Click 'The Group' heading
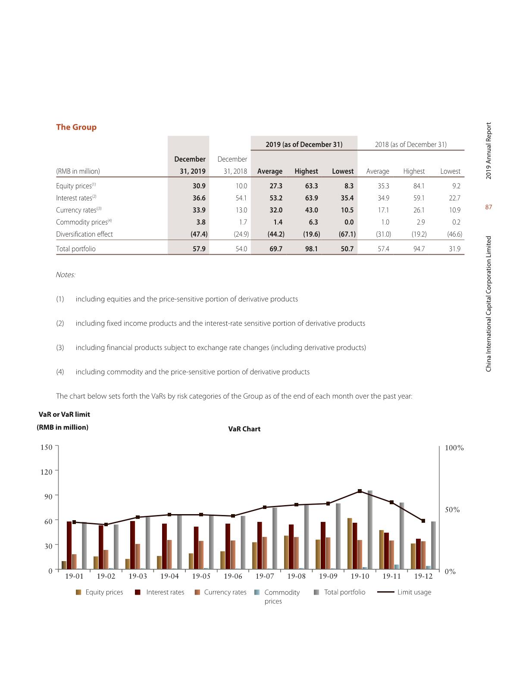click(76, 127)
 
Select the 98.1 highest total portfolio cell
click(311, 249)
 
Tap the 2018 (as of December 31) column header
click(410, 144)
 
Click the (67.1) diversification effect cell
click(347, 234)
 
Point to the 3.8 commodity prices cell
click(200, 222)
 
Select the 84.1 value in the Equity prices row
click(419, 186)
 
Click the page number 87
click(488, 207)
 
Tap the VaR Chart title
click(244, 429)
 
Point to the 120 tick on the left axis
click(47, 472)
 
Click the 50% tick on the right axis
click(452, 510)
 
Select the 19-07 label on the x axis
click(265, 576)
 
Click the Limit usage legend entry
click(414, 592)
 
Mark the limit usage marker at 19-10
click(360, 491)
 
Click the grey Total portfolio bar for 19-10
click(370, 530)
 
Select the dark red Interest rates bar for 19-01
click(69, 545)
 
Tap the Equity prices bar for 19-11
click(382, 550)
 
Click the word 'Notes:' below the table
click(66, 275)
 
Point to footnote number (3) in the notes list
click(60, 347)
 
